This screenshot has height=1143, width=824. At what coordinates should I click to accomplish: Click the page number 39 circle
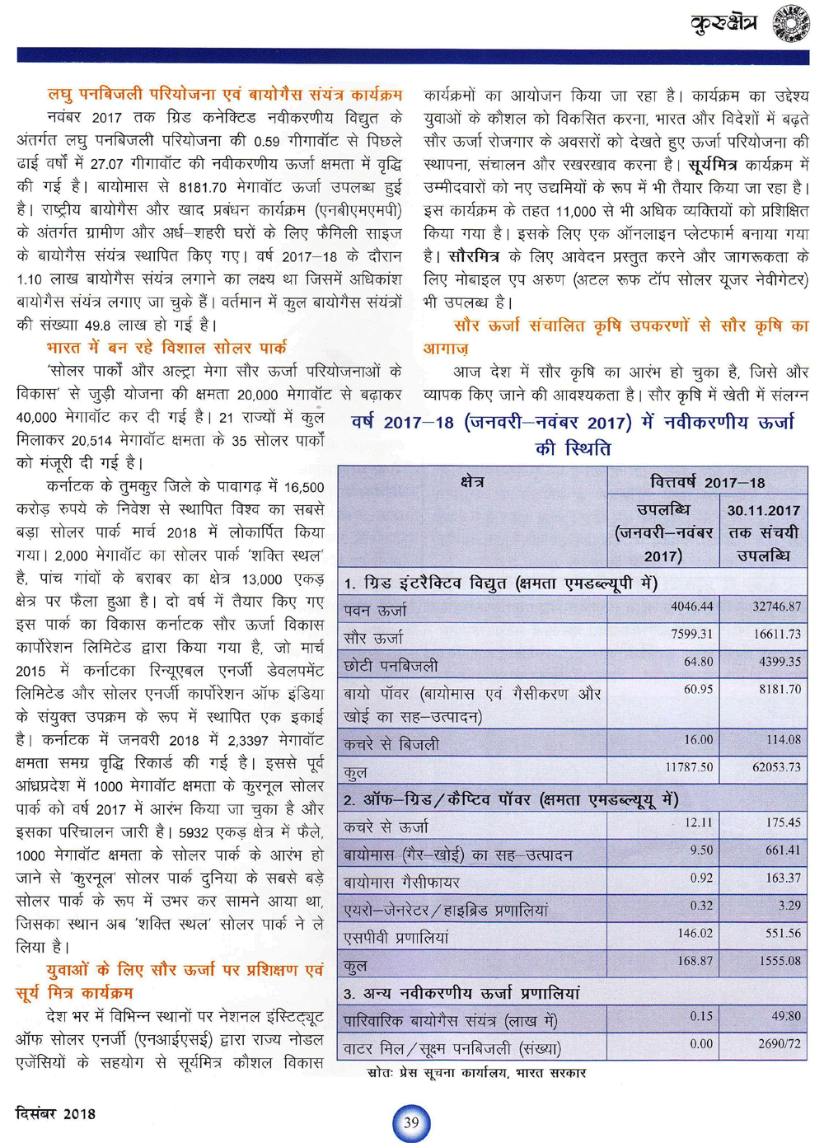(411, 1122)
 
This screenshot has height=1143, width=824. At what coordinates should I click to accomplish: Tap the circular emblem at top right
(790, 23)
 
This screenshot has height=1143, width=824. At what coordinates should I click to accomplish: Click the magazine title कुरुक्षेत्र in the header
(723, 22)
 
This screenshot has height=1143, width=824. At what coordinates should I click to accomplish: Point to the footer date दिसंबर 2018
(55, 1113)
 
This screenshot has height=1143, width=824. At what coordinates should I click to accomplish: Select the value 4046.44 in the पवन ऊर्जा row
(691, 607)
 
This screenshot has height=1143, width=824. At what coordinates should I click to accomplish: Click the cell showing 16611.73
(776, 634)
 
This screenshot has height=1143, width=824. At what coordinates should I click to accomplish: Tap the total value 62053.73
(776, 767)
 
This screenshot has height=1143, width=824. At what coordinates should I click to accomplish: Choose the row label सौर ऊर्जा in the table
(374, 638)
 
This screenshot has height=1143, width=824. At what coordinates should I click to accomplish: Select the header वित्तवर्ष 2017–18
(707, 481)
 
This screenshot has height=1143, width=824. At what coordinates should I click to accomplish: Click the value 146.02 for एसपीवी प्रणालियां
(695, 933)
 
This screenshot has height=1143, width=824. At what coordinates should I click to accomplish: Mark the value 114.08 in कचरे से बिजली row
(783, 739)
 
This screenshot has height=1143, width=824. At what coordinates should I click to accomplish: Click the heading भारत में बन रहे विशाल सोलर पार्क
(166, 347)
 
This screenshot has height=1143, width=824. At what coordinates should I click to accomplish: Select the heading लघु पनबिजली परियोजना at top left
(224, 94)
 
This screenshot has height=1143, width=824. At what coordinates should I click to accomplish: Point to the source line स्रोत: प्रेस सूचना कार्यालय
(476, 1073)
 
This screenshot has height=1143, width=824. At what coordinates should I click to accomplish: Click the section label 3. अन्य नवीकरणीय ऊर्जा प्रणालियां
(462, 993)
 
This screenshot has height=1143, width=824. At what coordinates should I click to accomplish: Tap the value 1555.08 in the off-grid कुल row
(779, 961)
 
